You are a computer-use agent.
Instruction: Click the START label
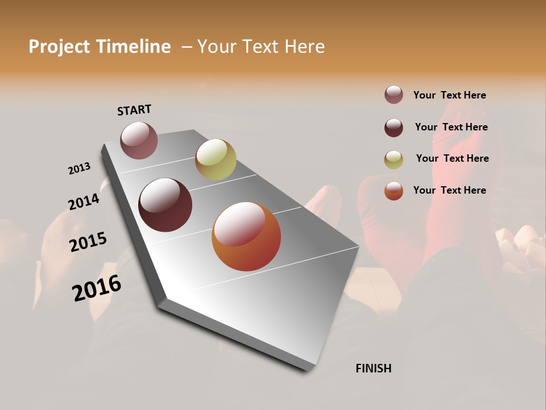tap(134, 110)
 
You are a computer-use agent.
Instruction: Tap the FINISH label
tap(373, 368)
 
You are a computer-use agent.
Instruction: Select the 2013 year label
tap(79, 169)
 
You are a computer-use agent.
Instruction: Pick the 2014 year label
tap(84, 202)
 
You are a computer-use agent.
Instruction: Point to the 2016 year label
tap(97, 288)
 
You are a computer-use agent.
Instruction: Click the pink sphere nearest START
tap(139, 140)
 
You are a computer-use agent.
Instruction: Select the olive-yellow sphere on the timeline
tap(216, 159)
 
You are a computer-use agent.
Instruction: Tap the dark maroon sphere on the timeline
tap(165, 205)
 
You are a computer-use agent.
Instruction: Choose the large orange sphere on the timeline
tap(246, 236)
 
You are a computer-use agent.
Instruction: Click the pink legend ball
tap(394, 95)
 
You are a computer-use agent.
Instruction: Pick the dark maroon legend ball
tap(394, 128)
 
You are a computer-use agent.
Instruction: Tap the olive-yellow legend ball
tap(394, 159)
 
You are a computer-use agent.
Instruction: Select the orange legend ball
tap(394, 191)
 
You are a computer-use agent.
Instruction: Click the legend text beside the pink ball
tap(449, 95)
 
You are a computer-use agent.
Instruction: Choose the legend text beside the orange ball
tap(449, 190)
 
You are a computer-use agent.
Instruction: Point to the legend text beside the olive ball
tap(452, 158)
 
